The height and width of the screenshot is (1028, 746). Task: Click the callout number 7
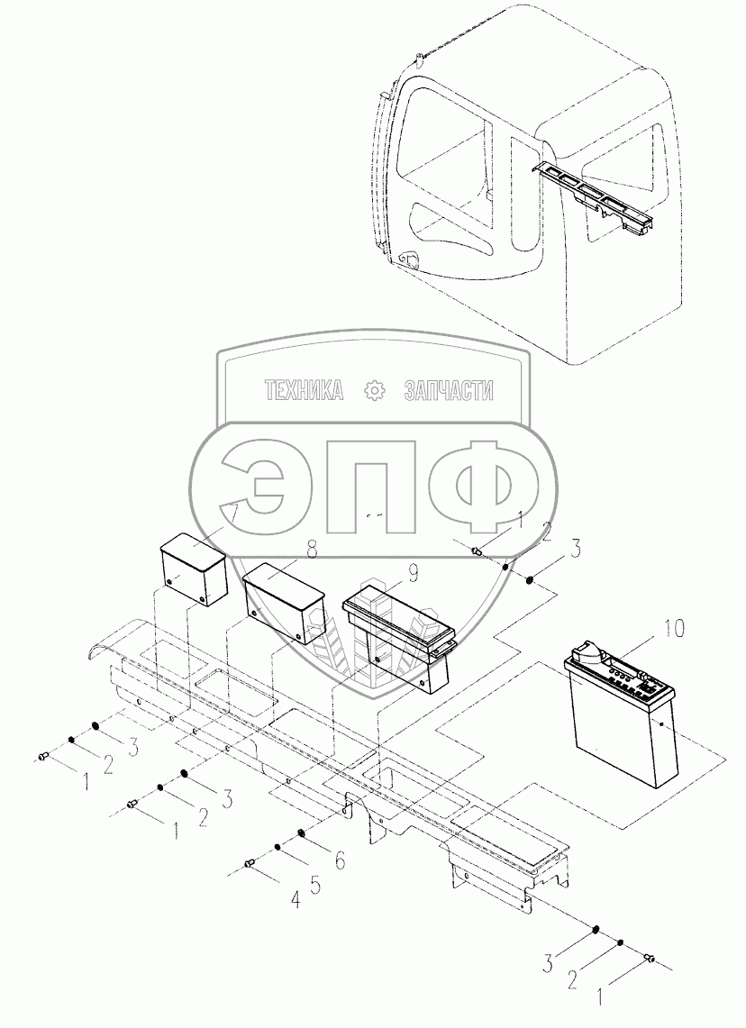(x=232, y=513)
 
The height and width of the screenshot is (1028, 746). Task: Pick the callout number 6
(x=339, y=861)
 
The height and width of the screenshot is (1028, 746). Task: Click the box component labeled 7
(x=192, y=570)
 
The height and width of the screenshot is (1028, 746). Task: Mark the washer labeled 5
(x=278, y=848)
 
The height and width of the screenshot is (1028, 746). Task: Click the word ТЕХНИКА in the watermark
(x=304, y=390)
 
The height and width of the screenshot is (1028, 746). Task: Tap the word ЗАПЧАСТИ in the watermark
(x=450, y=390)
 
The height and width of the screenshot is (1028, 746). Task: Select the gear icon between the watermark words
(x=373, y=390)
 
